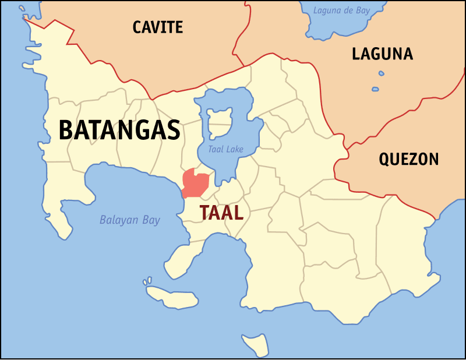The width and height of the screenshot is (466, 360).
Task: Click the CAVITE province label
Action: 158,27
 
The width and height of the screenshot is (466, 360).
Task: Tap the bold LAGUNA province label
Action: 382,54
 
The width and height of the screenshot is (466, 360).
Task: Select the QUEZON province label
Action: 408,159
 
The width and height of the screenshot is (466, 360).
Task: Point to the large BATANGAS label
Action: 119,130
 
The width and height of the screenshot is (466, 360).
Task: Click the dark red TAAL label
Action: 221,213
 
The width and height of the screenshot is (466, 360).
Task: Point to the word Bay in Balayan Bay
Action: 151,221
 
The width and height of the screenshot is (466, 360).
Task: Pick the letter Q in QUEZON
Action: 385,160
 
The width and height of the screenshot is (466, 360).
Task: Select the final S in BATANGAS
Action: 173,130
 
